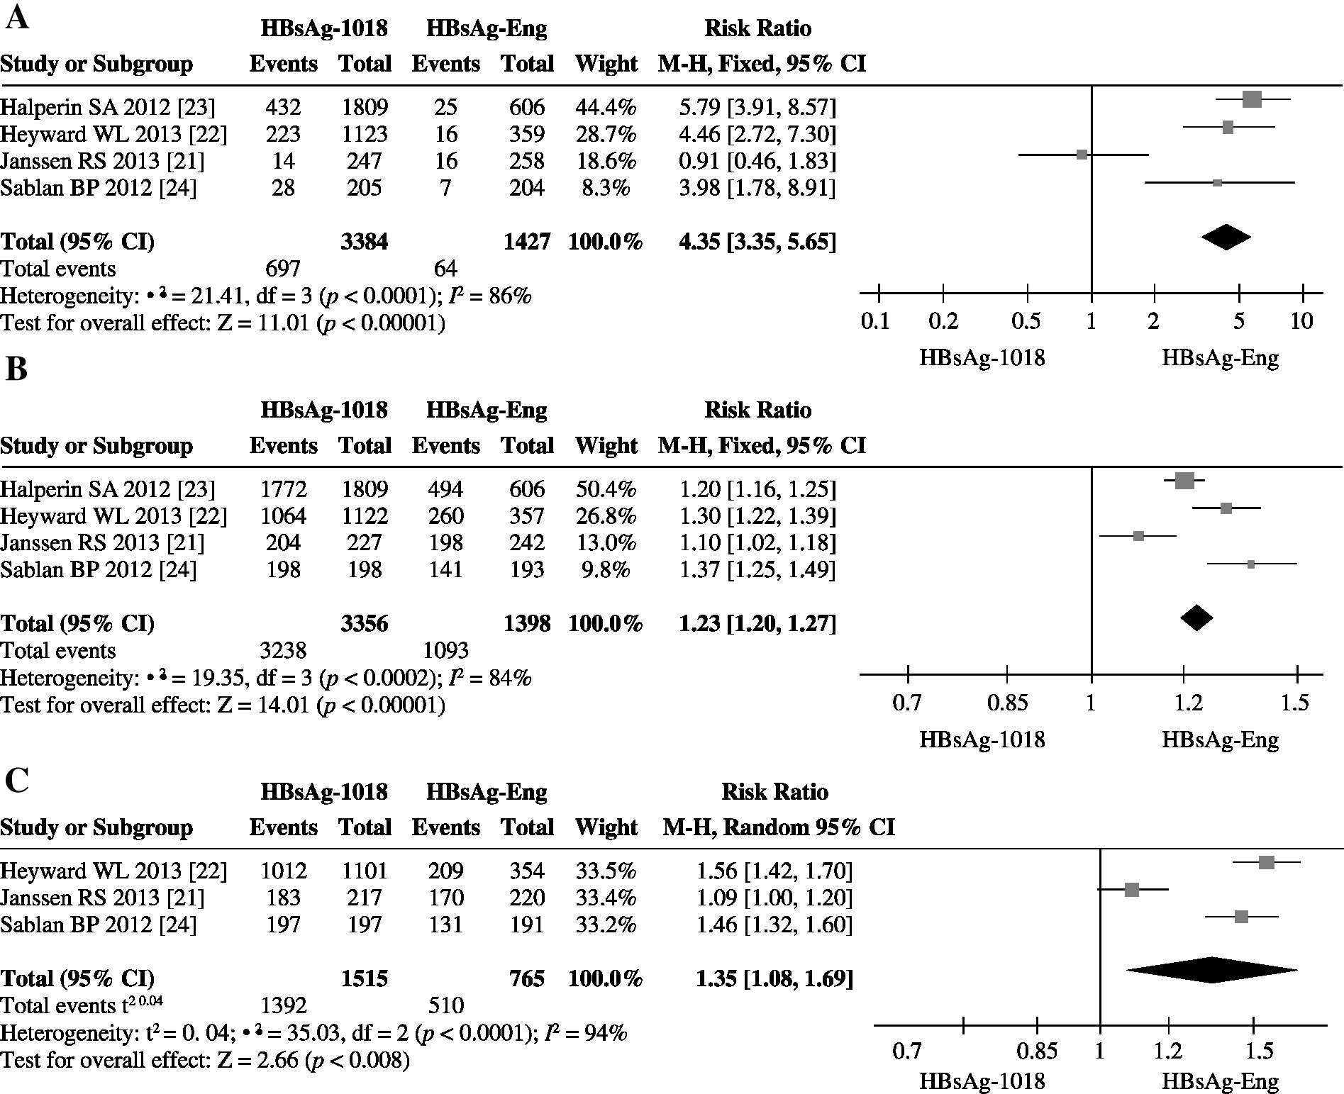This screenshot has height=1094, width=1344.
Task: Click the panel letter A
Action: coord(16,18)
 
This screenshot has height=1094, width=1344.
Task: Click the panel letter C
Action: coord(16,781)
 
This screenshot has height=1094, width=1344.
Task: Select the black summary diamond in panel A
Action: coord(1226,237)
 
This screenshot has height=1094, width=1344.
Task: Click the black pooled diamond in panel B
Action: coord(1196,618)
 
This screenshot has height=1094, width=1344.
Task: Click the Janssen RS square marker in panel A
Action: coord(1082,155)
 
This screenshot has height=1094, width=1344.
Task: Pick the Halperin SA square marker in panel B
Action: coord(1184,481)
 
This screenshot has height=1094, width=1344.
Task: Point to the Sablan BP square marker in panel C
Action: coord(1241,917)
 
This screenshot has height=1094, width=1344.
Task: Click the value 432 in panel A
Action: coord(283,107)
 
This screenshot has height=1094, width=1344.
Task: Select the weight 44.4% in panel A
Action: coord(606,107)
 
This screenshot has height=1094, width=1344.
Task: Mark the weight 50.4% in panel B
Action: coord(606,489)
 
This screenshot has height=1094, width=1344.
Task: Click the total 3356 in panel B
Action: coord(365,623)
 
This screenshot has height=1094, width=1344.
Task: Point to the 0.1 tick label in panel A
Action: coord(874,321)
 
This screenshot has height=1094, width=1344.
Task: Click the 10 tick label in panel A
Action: coord(1301,321)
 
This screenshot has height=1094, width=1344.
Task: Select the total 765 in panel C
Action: coord(526,978)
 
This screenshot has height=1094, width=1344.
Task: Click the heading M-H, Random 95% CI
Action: coord(778,827)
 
